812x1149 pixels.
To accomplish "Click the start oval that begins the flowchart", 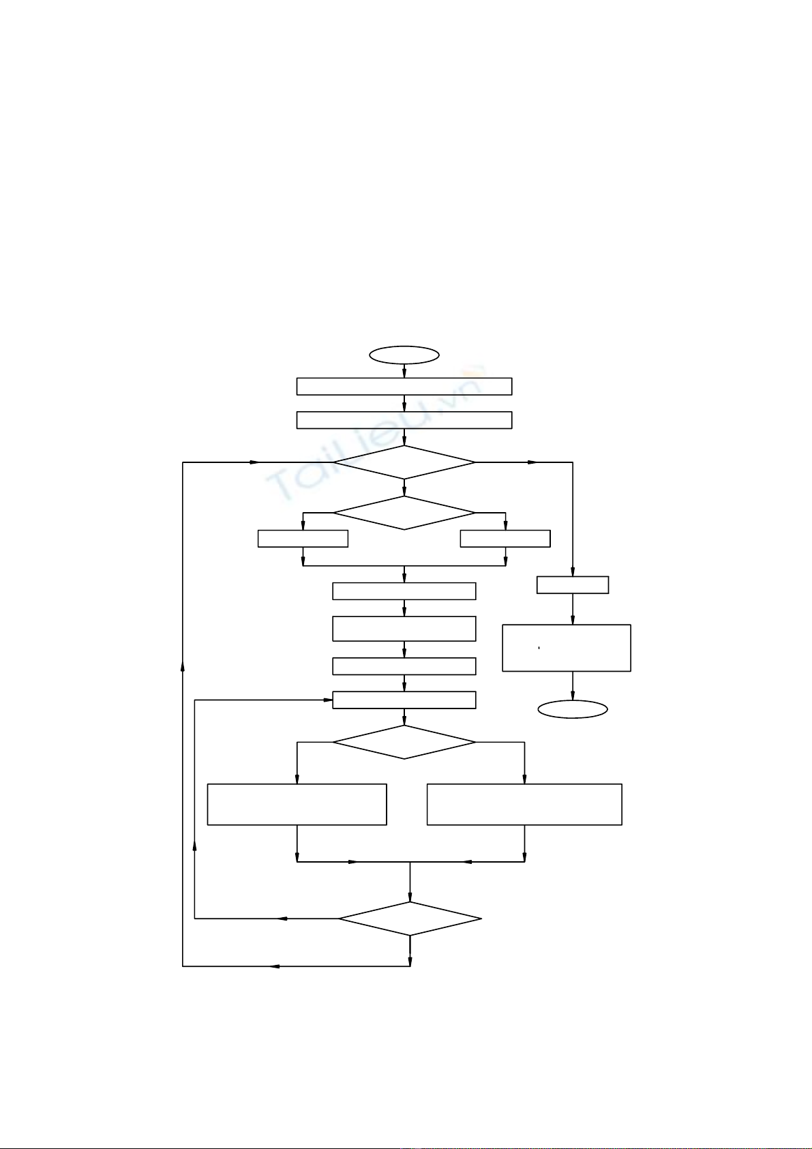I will click(x=404, y=355).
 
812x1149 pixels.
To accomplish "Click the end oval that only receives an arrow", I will click(x=572, y=709).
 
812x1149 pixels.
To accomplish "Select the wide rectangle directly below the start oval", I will click(x=404, y=386).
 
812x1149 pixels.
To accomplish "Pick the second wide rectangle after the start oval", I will click(x=404, y=420).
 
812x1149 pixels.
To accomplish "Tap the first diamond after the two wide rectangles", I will click(x=404, y=462).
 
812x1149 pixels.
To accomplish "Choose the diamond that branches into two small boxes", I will click(x=404, y=513).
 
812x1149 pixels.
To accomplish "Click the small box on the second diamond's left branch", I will click(x=303, y=539).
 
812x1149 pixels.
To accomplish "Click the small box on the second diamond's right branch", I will click(x=505, y=539).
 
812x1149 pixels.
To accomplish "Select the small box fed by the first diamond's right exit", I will click(x=572, y=585).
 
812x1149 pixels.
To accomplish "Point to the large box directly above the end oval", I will click(x=566, y=648).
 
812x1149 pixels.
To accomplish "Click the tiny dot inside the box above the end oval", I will click(x=539, y=648).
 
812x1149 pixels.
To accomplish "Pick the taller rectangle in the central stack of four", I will click(x=404, y=629).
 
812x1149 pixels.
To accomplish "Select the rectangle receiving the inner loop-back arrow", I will click(x=404, y=700).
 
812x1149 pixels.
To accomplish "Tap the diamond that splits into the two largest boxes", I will click(x=404, y=742).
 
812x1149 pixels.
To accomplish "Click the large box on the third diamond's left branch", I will click(x=297, y=805).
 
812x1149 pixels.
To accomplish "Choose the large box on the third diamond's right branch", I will click(x=524, y=805).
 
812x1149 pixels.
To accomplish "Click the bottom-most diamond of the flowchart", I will click(x=410, y=919).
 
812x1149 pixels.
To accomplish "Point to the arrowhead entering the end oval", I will click(x=572, y=696).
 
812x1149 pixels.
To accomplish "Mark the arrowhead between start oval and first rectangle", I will click(x=404, y=373).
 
